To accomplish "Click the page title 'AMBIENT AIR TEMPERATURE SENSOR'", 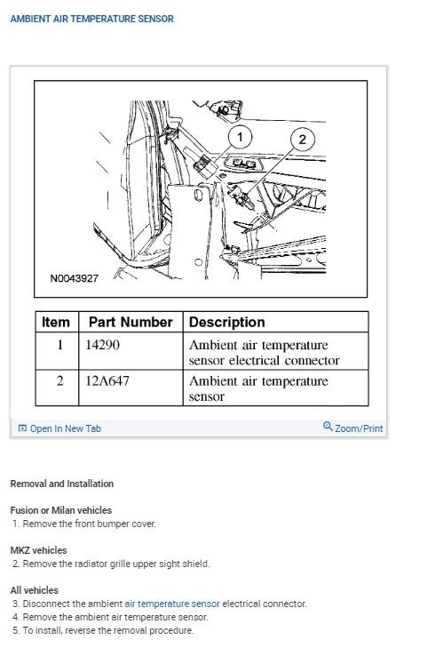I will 91,19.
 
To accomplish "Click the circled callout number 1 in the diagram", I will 240,136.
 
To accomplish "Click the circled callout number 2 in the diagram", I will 302,140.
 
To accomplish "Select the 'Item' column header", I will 56,322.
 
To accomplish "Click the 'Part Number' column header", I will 131,322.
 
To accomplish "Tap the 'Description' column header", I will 226,322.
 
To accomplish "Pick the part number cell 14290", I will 104,345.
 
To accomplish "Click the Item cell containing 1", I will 59,345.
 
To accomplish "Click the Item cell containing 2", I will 59,381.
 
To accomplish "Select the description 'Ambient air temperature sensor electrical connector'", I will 264,353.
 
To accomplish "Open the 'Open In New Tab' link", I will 65,428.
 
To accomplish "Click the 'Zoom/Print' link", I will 358,428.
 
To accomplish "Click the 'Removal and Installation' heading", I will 61,484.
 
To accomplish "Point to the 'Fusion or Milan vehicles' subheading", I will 60,510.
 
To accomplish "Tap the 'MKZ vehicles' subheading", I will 38,550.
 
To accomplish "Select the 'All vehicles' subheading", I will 34,590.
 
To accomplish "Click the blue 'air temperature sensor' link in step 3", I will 172,604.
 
